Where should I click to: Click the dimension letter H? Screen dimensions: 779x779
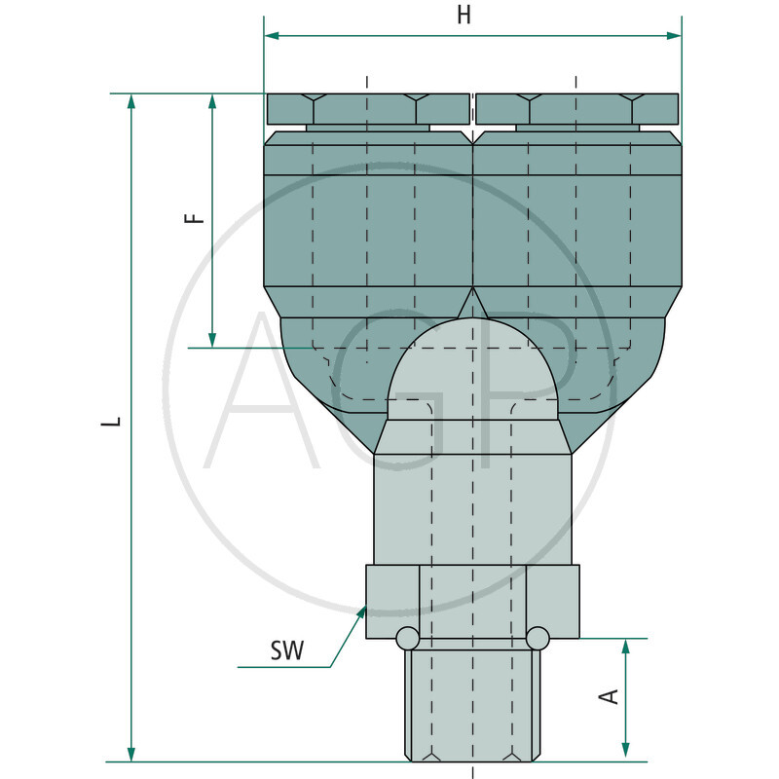click(464, 15)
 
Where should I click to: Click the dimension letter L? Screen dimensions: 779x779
click(111, 422)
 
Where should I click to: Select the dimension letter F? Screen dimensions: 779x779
click(194, 217)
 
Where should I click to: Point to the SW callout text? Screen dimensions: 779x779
click(287, 650)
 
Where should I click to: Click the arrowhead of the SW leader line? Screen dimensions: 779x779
click(361, 613)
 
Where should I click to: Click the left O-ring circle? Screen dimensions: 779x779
click(408, 638)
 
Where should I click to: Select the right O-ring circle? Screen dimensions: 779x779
click(538, 638)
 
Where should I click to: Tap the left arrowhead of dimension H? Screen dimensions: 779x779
click(272, 36)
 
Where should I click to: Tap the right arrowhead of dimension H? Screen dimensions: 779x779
click(674, 36)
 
